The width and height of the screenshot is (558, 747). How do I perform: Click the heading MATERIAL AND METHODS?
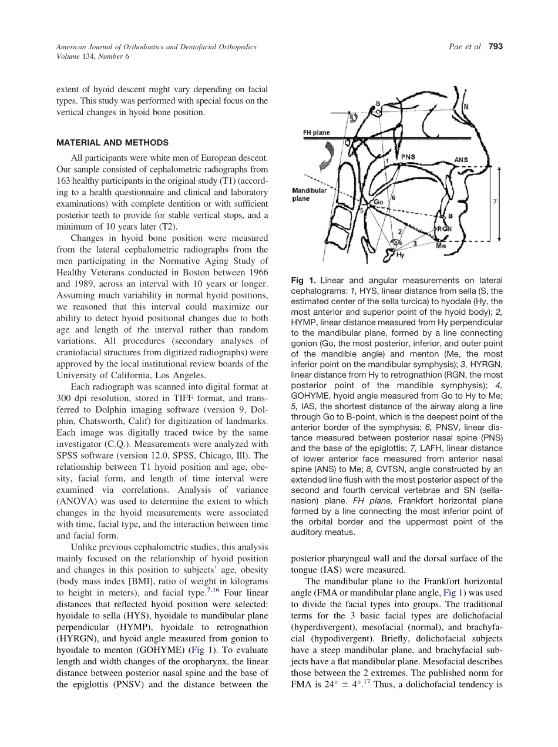(112, 143)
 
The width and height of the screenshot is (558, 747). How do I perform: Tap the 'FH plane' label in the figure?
(316, 133)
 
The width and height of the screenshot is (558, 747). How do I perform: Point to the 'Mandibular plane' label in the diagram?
(309, 194)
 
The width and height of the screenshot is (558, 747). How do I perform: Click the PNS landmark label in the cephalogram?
(408, 157)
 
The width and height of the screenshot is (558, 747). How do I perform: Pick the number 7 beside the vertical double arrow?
(495, 201)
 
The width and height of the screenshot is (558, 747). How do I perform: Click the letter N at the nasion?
(466, 107)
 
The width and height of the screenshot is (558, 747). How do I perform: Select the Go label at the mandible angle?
(379, 202)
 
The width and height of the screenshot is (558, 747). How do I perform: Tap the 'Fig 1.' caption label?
(303, 281)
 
